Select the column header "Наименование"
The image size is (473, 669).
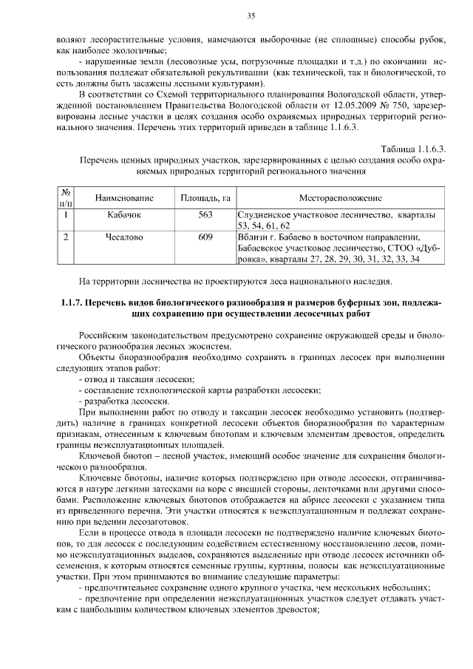(x=124, y=198)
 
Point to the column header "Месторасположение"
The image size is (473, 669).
(x=341, y=198)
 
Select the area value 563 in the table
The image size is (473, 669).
(x=205, y=215)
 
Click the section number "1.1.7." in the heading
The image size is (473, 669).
(x=72, y=304)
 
